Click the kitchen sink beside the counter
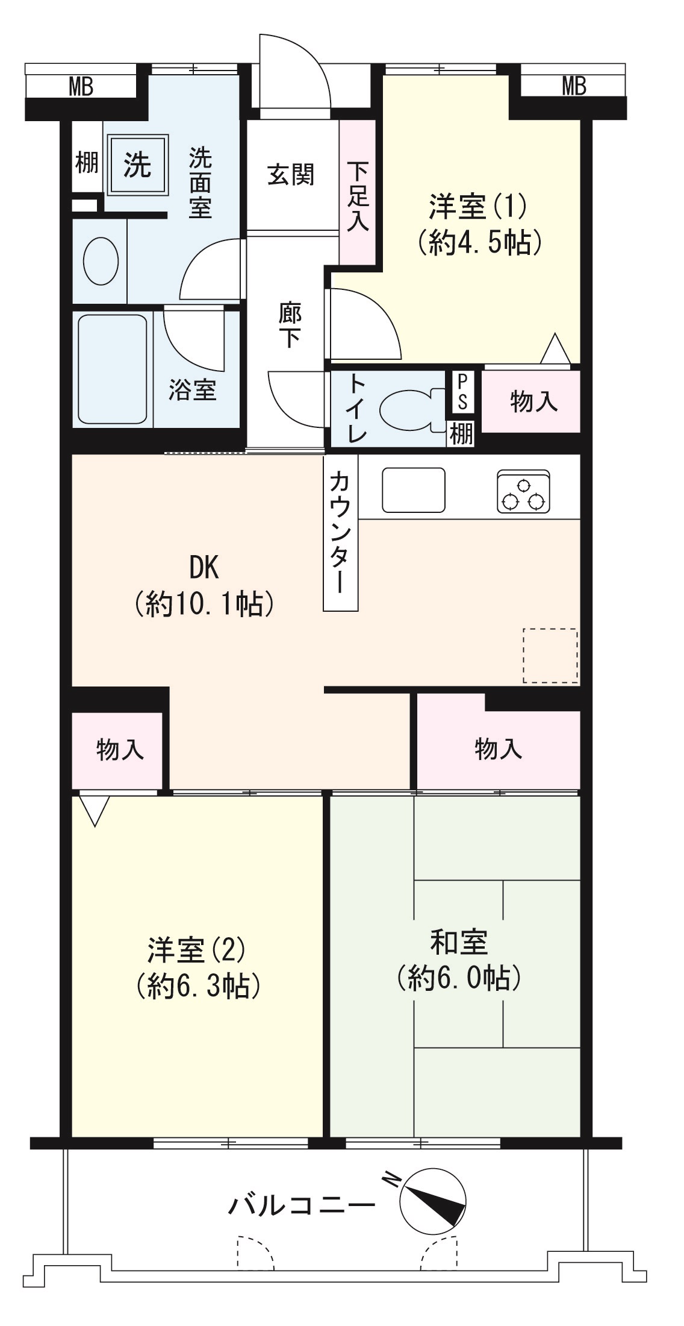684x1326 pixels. [x=414, y=489]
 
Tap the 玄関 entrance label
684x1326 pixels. [x=291, y=175]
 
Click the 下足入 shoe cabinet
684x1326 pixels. [x=357, y=193]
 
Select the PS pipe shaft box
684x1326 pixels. [x=462, y=391]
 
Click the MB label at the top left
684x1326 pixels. [x=81, y=87]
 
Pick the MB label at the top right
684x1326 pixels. [x=573, y=86]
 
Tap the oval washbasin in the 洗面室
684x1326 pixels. [x=100, y=261]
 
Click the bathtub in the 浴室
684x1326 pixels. [x=113, y=368]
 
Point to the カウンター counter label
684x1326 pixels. [x=341, y=532]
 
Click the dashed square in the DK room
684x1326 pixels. [x=550, y=655]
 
